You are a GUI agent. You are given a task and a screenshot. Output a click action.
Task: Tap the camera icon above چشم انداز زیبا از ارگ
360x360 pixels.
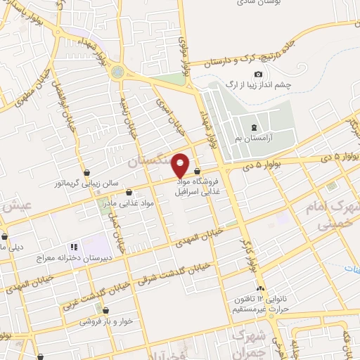(259, 75)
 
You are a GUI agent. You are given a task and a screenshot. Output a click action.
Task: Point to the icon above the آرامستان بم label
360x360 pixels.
(253, 127)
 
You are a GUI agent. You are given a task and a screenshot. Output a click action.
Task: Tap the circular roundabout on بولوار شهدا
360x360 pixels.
(117, 71)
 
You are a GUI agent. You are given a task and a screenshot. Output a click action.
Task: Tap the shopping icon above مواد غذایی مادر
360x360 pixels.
(128, 192)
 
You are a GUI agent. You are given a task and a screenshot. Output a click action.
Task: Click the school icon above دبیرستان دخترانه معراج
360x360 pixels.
(72, 247)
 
